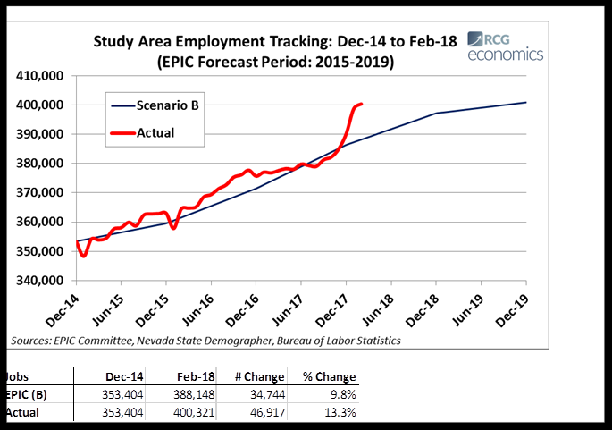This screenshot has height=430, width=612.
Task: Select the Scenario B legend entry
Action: coord(168,105)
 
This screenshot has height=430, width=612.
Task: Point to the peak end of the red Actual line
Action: coord(360,104)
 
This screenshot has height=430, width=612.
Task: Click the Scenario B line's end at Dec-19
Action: coord(525,103)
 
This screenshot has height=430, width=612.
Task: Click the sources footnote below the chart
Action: coord(205,341)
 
